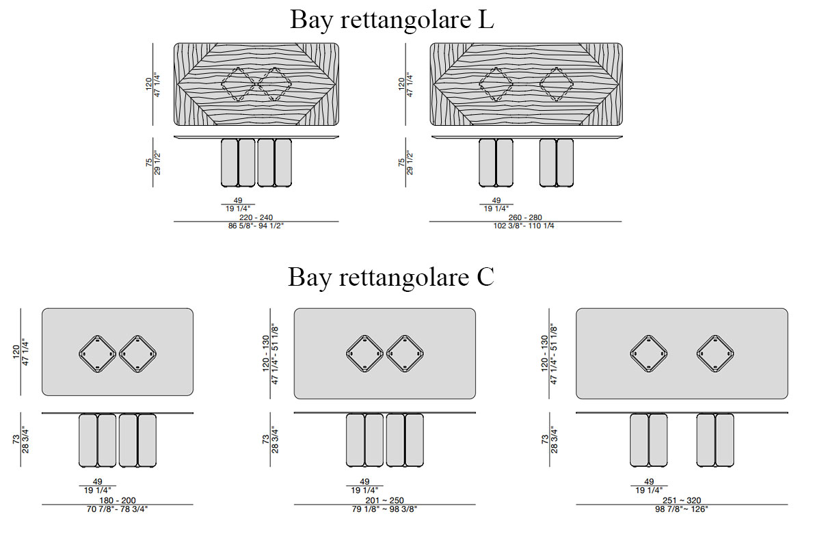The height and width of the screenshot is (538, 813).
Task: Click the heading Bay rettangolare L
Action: pos(392,20)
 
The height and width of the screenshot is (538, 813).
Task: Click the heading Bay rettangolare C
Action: pos(390,278)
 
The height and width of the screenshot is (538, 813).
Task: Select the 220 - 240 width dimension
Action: pos(256,217)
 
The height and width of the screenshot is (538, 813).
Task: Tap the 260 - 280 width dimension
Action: pos(525,217)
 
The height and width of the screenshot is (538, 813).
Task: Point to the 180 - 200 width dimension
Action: pos(117,500)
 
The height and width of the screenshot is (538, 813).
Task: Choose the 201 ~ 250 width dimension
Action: pos(384,500)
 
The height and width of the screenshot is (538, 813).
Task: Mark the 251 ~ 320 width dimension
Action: pos(681,500)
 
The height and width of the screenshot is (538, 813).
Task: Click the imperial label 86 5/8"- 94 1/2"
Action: pos(256,226)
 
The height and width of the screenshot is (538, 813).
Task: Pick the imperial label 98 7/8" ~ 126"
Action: pos(681,509)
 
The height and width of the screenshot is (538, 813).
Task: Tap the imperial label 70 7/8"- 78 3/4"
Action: pos(117,509)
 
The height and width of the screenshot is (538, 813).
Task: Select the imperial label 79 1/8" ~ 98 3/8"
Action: pos(384,509)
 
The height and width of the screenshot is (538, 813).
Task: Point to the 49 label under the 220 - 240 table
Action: pos(237,200)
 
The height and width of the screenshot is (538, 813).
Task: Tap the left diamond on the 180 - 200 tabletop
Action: pos(98,353)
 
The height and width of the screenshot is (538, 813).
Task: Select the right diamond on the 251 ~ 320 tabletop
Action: pos(715,353)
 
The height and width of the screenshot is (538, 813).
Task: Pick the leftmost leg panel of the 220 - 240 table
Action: pos(230,163)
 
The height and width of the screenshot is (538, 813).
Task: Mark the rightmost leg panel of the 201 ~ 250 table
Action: pos(414,440)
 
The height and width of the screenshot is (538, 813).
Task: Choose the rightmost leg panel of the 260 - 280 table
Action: pos(565,163)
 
